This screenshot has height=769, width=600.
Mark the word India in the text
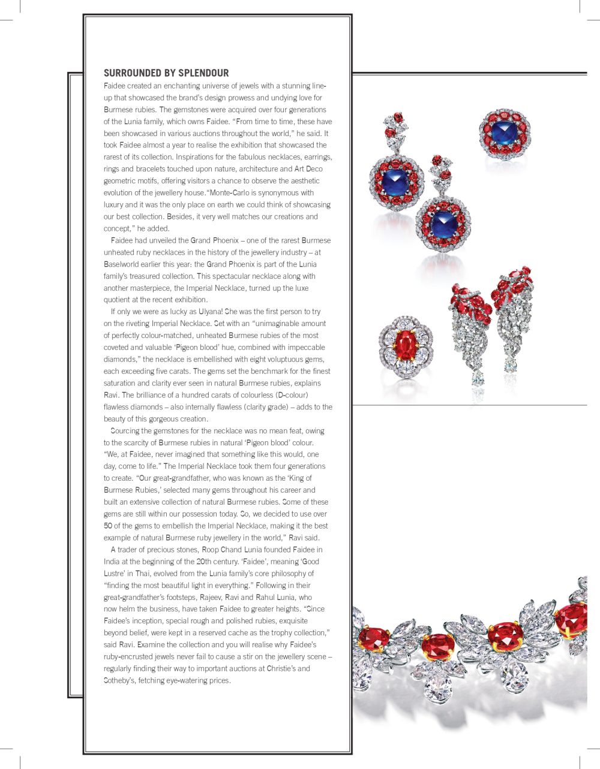[x=112, y=562]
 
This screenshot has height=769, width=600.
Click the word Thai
[x=143, y=574]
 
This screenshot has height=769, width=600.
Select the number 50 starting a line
[x=108, y=526]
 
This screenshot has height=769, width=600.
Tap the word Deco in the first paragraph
[x=314, y=169]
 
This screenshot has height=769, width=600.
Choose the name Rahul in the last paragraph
[x=269, y=597]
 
